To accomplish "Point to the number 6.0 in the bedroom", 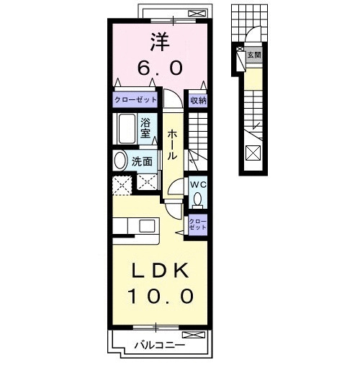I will [x=160, y=68].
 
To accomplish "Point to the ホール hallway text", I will [x=173, y=144].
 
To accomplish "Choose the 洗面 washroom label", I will [x=143, y=162].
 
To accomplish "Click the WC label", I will [x=198, y=184].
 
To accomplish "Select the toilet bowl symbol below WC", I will [x=198, y=199].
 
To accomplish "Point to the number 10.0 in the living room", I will [x=160, y=296].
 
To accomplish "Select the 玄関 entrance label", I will [x=253, y=55].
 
